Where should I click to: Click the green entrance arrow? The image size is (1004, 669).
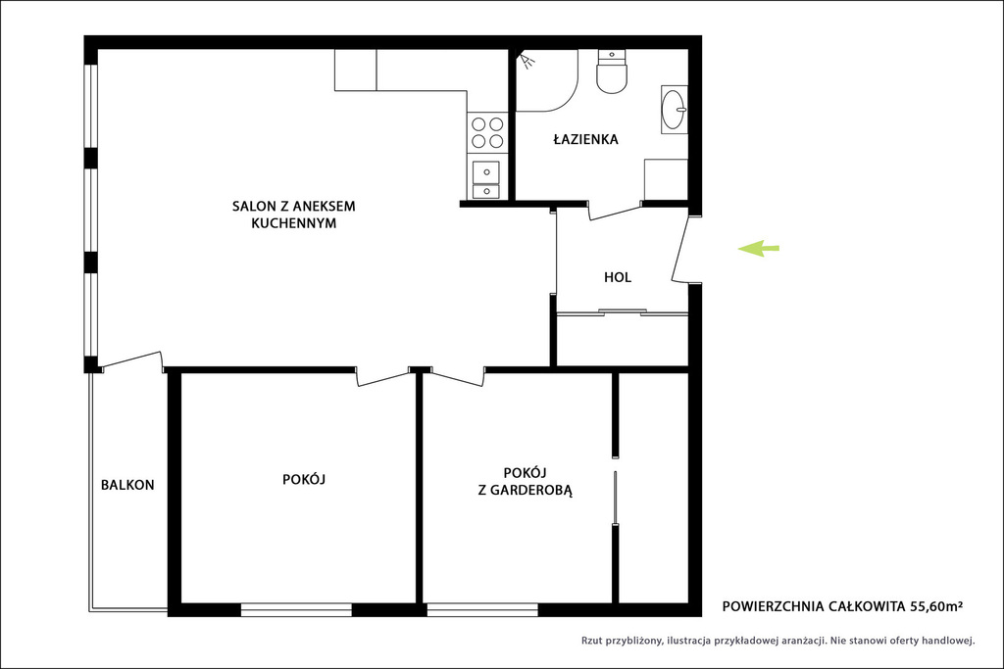pos(759,248)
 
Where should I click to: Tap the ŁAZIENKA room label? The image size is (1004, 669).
pos(586,139)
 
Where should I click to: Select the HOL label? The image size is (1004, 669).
pos(618,277)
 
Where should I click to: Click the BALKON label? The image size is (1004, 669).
pos(127,485)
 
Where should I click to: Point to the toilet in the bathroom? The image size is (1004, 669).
pos(613,72)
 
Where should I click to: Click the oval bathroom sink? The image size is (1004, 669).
pos(675,110)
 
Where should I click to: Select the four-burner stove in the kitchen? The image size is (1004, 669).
pos(487,132)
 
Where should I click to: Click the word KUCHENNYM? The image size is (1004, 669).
pos(294,223)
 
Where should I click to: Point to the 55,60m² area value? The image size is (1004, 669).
pos(936,606)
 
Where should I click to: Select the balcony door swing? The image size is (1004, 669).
pos(131,361)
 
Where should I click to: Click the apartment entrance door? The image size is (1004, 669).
pos(681,249)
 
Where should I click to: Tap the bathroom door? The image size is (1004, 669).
pos(615,211)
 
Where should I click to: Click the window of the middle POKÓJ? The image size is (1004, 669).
pos(296,609)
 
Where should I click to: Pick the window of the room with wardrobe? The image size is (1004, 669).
pos(482,609)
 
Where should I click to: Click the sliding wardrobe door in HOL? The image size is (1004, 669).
pos(622,312)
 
